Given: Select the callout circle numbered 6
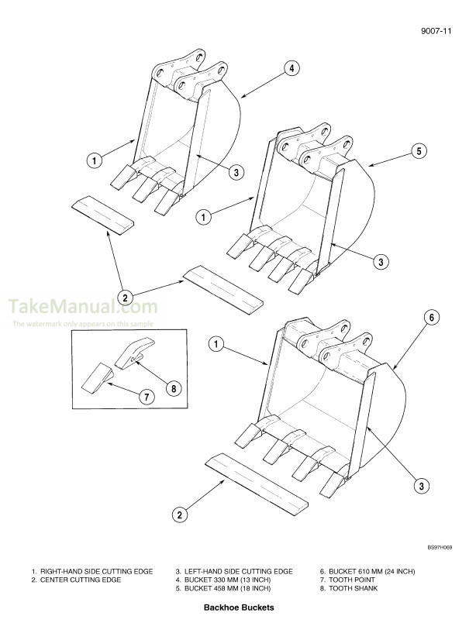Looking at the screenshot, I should [433, 317].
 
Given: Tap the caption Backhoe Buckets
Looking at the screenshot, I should [237, 608].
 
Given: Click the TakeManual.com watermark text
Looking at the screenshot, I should [84, 308].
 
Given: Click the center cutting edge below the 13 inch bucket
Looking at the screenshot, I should [102, 213].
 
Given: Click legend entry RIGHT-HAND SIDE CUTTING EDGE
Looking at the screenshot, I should [97, 571].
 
